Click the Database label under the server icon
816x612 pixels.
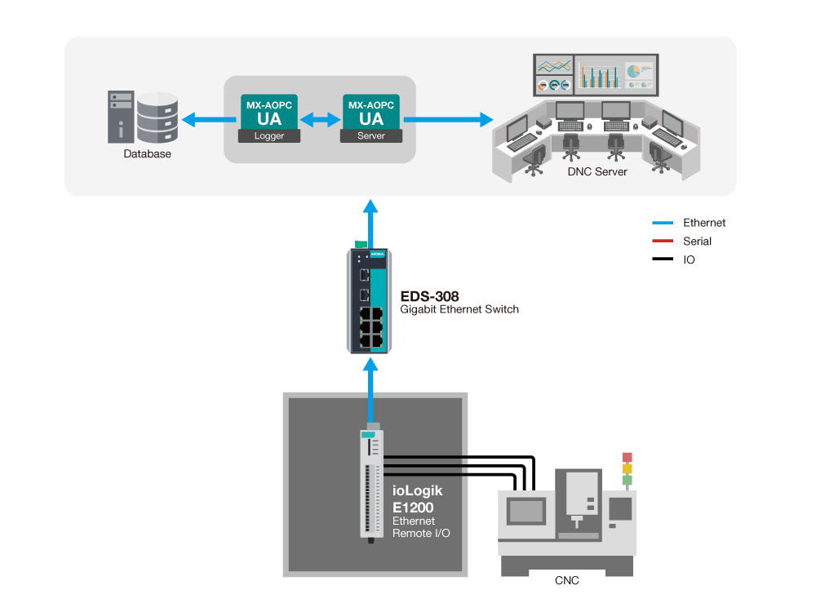click(x=147, y=153)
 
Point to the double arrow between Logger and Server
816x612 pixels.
click(x=320, y=120)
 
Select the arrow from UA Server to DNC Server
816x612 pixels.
click(x=448, y=120)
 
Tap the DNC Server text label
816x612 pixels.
click(x=597, y=172)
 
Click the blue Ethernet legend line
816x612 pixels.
click(x=662, y=223)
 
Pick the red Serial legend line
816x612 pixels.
click(x=662, y=242)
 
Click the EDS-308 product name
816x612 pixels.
click(x=424, y=296)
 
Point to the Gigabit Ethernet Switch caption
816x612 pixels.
click(x=459, y=310)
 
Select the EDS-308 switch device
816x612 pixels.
click(x=370, y=300)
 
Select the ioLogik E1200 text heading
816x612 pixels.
click(x=419, y=499)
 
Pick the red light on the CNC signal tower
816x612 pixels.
click(x=627, y=457)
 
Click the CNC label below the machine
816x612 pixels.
click(x=567, y=580)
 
